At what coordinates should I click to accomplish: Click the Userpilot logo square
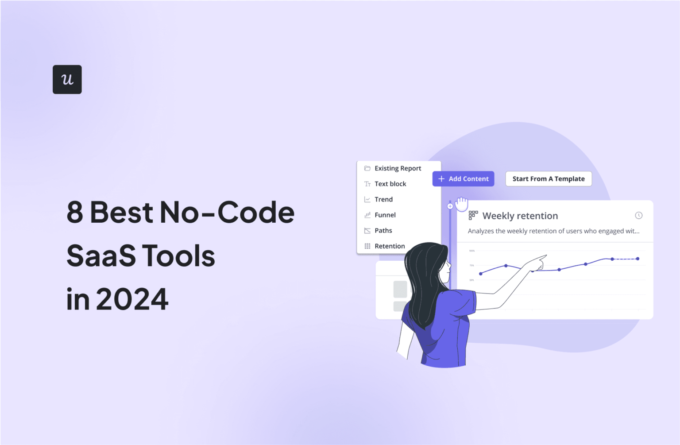click(67, 79)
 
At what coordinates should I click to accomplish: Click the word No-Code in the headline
click(227, 213)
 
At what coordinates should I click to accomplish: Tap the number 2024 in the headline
click(132, 299)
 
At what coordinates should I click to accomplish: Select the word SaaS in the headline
click(101, 256)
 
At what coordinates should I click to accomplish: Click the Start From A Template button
click(548, 179)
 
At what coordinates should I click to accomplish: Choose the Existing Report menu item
click(398, 168)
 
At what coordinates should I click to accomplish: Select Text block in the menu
click(390, 184)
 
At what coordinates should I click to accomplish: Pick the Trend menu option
click(383, 199)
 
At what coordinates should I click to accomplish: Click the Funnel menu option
click(385, 215)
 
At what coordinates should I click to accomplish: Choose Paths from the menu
click(383, 230)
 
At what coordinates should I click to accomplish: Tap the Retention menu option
click(390, 246)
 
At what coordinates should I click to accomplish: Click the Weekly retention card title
click(520, 216)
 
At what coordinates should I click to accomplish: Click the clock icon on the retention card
click(638, 215)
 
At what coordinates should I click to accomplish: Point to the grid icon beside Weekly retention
click(473, 215)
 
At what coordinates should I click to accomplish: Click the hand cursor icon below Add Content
click(462, 204)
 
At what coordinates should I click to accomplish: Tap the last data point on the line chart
click(637, 259)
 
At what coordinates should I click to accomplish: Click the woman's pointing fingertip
click(546, 255)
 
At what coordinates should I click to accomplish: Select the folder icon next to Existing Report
click(367, 168)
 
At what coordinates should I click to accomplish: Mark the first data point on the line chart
click(481, 274)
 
